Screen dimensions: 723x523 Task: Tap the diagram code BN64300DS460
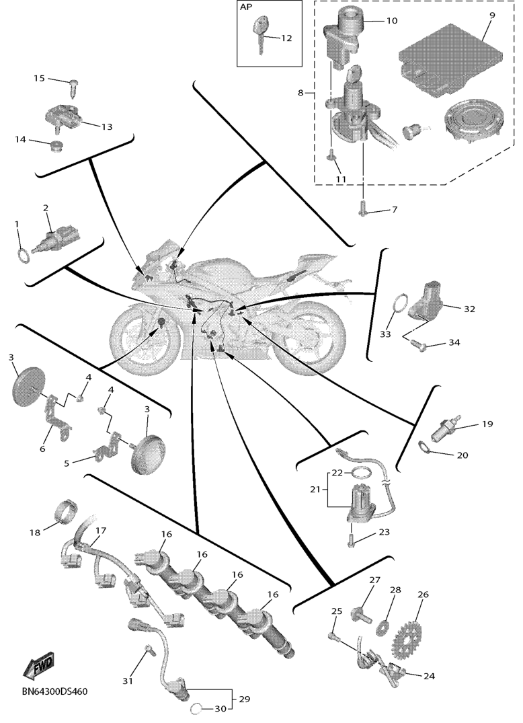point(54,691)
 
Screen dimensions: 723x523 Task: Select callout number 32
point(469,309)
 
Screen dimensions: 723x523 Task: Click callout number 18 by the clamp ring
point(35,533)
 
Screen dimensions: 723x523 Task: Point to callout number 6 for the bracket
point(42,448)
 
